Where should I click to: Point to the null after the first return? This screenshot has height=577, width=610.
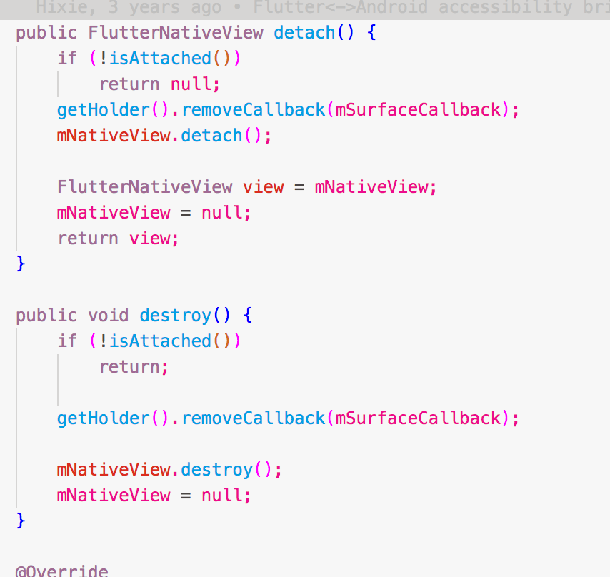click(191, 84)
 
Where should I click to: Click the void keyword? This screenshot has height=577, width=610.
click(109, 316)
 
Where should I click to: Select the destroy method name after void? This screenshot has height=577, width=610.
click(176, 316)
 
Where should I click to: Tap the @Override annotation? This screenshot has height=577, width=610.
click(62, 571)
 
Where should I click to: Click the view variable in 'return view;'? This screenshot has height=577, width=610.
click(150, 239)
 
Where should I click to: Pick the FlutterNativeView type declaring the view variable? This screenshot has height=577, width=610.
click(145, 187)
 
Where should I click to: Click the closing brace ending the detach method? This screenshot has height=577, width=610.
click(21, 264)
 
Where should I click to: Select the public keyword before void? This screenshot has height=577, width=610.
click(46, 316)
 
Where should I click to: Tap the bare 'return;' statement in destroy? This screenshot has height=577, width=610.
click(134, 367)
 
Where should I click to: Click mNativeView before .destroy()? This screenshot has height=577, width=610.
click(114, 470)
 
